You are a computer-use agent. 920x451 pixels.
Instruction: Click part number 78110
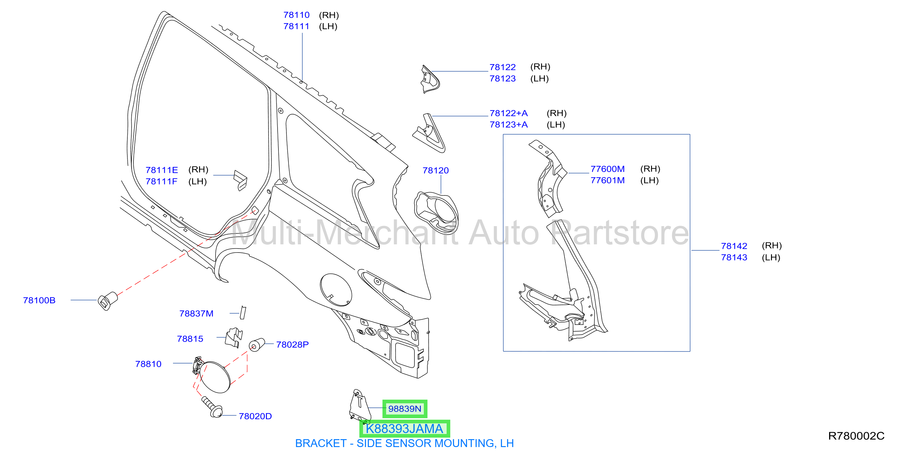[x=296, y=15]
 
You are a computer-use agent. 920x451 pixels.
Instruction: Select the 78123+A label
[x=508, y=125]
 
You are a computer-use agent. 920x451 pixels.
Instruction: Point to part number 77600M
[x=607, y=169]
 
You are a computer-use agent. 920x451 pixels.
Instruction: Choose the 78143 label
[x=734, y=257]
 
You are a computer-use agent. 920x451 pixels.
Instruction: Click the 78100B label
[x=39, y=300]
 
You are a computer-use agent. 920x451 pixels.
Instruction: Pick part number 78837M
[x=196, y=314]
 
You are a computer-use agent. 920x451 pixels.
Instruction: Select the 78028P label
[x=292, y=345]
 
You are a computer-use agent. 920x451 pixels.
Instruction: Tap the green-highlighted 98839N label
[x=405, y=409]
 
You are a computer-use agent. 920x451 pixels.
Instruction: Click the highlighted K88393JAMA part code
[x=404, y=429]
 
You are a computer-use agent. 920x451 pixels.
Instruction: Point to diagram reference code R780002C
[x=856, y=436]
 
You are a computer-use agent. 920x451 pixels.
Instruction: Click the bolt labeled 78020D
[x=212, y=407]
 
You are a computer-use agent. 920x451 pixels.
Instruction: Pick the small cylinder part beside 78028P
[x=256, y=345]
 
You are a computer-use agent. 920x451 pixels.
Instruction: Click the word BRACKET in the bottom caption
[x=321, y=443]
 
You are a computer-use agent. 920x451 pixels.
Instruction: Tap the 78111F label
[x=161, y=181]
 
